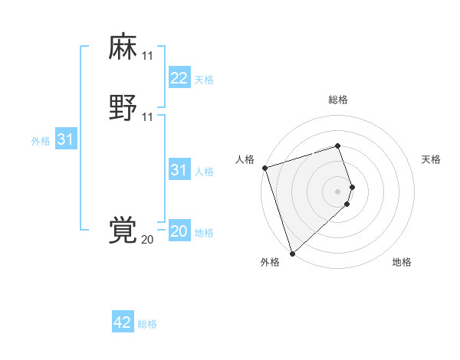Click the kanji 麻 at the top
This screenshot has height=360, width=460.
coord(123,47)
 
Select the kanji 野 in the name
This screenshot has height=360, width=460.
coord(123,108)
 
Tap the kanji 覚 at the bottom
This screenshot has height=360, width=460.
coord(123,231)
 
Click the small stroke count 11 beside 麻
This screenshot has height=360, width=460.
coord(147,56)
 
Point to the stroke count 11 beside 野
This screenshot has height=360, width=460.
coord(147,117)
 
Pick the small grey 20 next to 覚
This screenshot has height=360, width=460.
coord(147,240)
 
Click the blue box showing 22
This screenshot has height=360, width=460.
coord(179,77)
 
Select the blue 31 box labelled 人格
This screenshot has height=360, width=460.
coord(179,169)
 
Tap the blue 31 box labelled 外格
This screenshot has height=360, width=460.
coord(65,139)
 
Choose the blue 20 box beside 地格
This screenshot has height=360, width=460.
coord(179,231)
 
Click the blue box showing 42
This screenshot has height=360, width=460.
coord(123,322)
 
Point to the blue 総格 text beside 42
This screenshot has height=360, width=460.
coord(147,324)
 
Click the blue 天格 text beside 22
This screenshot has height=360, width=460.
coord(204,79)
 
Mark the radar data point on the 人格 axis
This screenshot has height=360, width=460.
coord(264,168)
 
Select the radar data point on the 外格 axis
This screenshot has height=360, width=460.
coord(291,252)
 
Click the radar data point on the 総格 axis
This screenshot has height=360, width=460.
coord(337,146)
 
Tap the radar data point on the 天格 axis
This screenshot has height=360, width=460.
coord(352,187)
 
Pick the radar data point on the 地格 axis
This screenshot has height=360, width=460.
coord(347,204)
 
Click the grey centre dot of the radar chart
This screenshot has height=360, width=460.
coord(337,191)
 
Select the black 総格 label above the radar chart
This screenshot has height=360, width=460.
coord(337,100)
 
